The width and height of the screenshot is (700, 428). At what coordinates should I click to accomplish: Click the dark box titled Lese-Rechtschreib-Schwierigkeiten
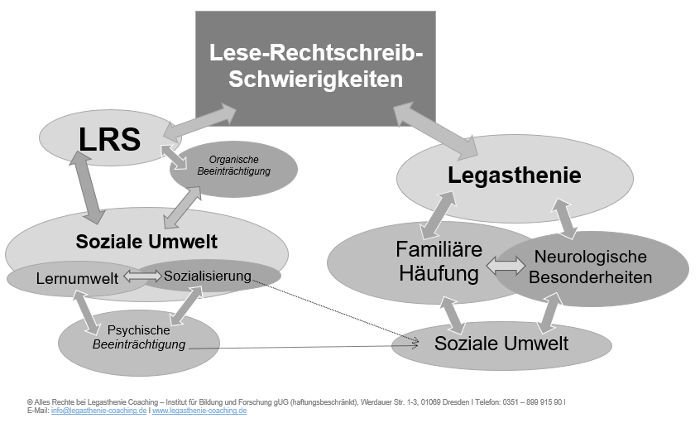[x=315, y=68]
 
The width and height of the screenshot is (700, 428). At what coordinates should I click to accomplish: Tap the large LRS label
[x=109, y=139]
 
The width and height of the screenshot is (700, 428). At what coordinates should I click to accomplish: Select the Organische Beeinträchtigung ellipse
[x=234, y=169]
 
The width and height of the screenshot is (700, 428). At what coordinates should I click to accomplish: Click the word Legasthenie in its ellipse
[x=515, y=176]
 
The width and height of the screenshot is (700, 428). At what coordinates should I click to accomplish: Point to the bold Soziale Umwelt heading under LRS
[x=146, y=242]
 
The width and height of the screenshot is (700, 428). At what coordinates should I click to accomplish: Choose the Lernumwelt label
[x=77, y=278]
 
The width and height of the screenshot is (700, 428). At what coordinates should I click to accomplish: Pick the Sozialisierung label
[x=208, y=277]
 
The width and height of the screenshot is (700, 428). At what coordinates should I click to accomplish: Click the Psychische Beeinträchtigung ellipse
[x=139, y=343]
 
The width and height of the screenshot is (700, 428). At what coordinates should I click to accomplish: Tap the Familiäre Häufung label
[x=439, y=262]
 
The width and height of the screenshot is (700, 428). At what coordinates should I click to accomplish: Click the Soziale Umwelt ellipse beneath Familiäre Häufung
[x=501, y=345]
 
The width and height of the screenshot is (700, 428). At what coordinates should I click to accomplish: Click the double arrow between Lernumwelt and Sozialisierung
[x=143, y=277]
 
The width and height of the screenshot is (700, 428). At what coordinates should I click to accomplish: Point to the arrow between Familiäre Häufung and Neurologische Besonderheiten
[x=506, y=266]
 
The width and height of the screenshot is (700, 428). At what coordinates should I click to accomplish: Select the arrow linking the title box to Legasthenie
[x=436, y=130]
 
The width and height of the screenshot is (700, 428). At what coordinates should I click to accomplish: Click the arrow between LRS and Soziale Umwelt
[x=87, y=187]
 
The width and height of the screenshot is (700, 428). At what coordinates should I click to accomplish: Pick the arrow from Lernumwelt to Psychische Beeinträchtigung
[x=87, y=313]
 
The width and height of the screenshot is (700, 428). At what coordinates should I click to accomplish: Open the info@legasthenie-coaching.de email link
[x=98, y=411]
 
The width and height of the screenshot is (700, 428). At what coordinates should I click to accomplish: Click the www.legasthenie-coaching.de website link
[x=199, y=411]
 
